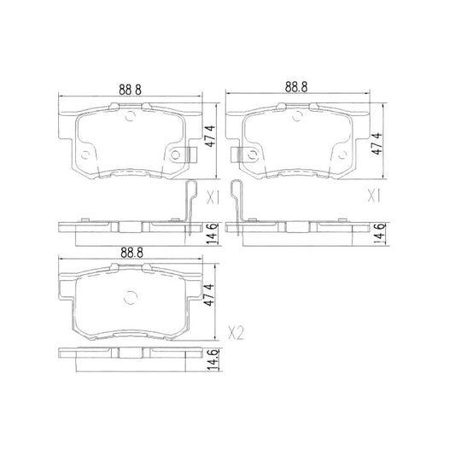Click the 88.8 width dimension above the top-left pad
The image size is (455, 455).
click(x=129, y=87)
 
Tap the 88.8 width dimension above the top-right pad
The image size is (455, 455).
click(x=296, y=87)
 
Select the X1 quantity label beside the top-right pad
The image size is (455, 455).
click(x=372, y=195)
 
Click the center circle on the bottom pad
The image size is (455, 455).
click(x=131, y=299)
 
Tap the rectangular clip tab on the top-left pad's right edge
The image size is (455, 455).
click(x=190, y=155)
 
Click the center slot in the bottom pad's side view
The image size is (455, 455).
click(x=125, y=353)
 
